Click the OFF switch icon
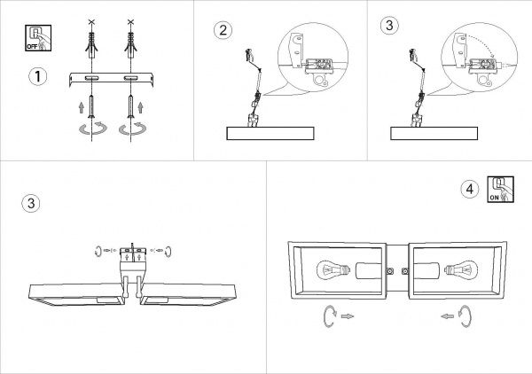[38, 38]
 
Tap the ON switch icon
[500, 189]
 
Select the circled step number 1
[37, 76]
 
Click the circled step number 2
[223, 30]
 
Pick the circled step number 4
[470, 189]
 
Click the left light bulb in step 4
[333, 270]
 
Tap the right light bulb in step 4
[461, 270]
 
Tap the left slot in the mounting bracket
[91, 78]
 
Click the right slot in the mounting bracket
[130, 78]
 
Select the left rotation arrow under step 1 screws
[92, 129]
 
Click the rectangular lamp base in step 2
[270, 133]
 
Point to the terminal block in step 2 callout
[318, 66]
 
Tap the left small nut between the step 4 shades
[390, 271]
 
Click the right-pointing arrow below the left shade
[347, 316]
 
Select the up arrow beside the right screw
[140, 107]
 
